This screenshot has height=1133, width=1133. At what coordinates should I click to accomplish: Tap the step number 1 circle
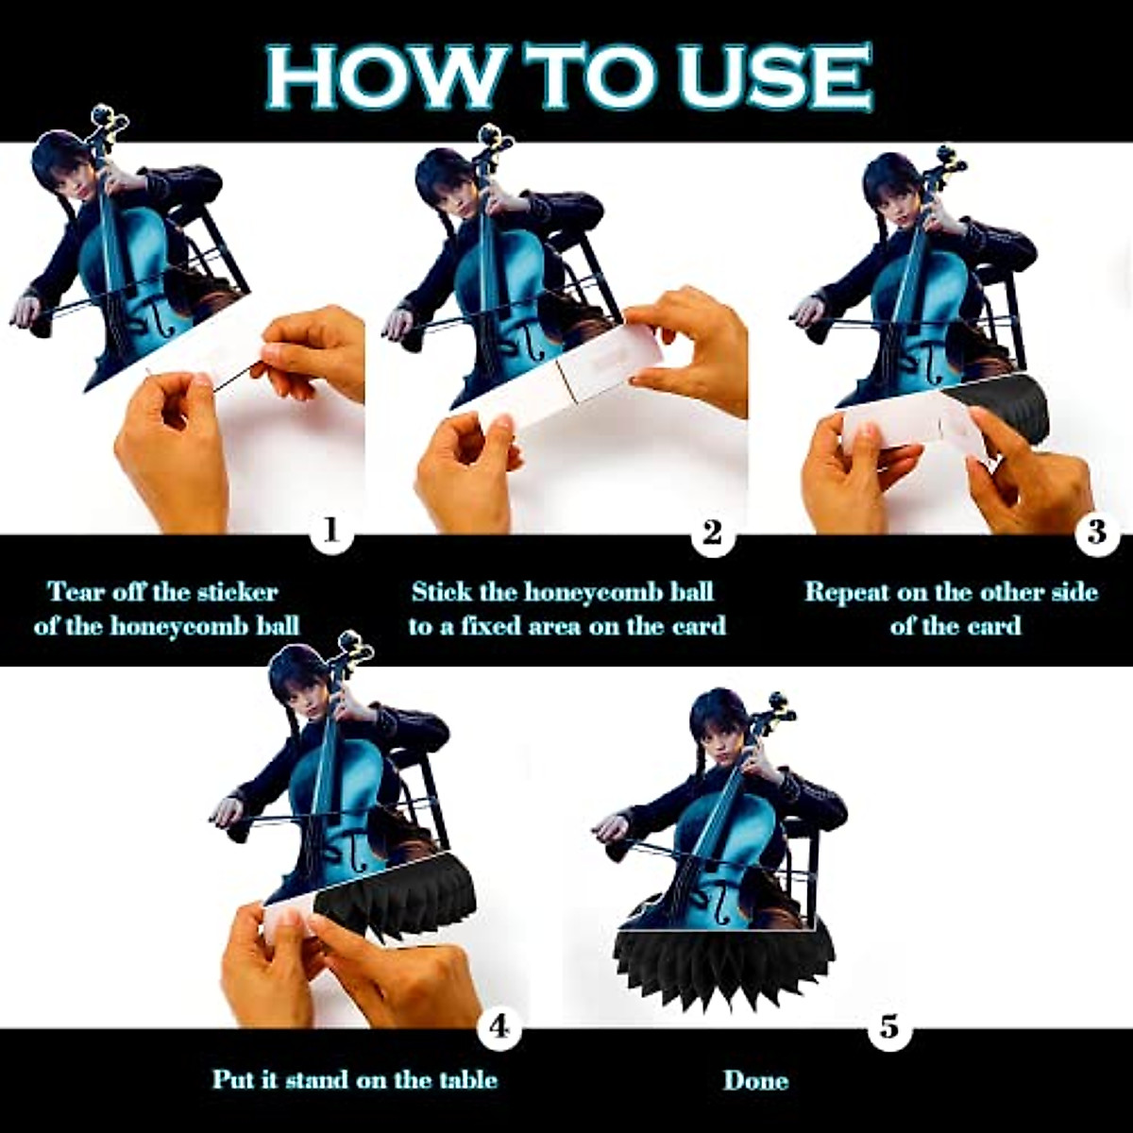click(x=331, y=533)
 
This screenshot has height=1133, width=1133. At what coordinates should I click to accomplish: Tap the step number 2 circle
click(x=713, y=533)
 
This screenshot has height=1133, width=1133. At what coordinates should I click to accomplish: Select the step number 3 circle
click(x=1097, y=533)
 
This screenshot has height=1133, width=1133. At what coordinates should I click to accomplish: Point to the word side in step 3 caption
click(x=1075, y=592)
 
